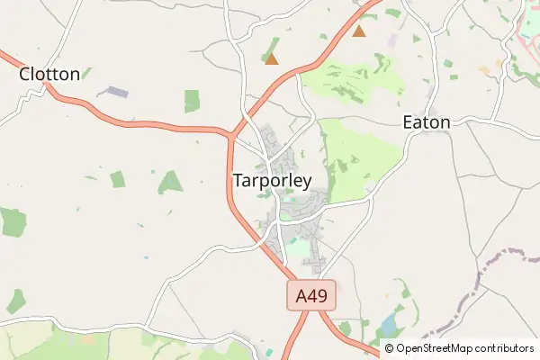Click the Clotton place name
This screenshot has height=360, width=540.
[49, 74]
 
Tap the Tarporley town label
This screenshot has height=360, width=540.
[272, 180]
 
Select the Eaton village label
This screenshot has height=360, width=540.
[426, 121]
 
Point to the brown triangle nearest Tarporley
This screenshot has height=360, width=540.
[271, 59]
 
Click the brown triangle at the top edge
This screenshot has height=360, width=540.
[359, 31]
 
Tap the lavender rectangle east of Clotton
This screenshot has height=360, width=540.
[112, 92]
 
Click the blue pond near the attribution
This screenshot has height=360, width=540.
[389, 325]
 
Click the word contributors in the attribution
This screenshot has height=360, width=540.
[504, 348]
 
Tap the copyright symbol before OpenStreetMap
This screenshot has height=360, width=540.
[390, 348]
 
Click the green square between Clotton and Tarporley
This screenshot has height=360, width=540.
[192, 101]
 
